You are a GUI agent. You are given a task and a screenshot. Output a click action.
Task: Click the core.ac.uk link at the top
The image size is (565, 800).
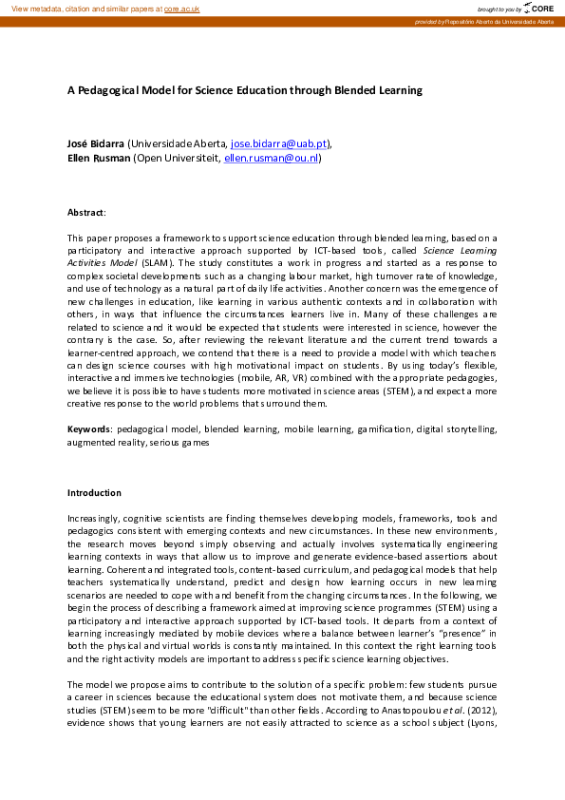click(x=182, y=8)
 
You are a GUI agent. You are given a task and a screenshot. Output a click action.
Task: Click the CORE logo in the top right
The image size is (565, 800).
click(x=538, y=8)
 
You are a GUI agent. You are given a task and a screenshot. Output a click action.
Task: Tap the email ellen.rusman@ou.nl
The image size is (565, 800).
click(x=272, y=158)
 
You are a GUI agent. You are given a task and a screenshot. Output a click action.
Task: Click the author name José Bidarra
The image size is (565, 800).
click(x=95, y=143)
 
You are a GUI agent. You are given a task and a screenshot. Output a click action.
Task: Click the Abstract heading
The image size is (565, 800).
click(x=85, y=212)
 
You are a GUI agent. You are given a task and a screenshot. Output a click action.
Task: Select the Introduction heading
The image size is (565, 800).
click(x=94, y=493)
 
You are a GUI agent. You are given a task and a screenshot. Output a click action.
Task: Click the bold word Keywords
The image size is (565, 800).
click(x=88, y=429)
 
